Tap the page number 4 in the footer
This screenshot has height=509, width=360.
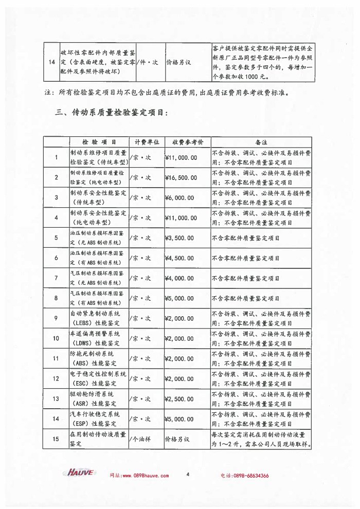(x=188, y=475)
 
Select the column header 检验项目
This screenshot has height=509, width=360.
(x=98, y=141)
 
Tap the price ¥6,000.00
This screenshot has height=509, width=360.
(x=179, y=197)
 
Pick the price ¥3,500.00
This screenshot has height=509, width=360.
(x=179, y=238)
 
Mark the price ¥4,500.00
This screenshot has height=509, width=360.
(x=179, y=258)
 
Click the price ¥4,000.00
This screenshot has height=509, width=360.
(x=179, y=278)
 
